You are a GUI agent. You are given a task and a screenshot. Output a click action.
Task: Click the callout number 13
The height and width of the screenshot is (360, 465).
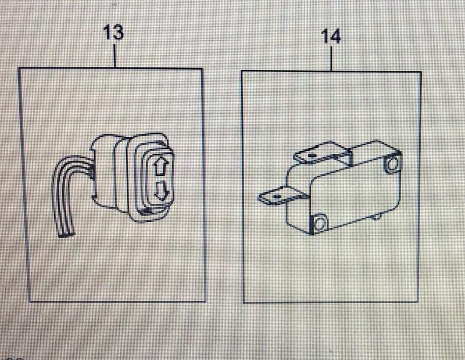point(113,33)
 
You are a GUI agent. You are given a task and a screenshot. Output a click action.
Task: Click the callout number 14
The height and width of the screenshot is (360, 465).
point(331,36)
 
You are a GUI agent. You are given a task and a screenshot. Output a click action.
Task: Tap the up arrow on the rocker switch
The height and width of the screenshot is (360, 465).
point(160,167)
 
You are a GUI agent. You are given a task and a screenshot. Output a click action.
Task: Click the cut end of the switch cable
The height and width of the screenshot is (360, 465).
point(66,234)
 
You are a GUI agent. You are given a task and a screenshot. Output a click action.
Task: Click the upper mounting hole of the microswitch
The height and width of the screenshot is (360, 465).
point(393,164)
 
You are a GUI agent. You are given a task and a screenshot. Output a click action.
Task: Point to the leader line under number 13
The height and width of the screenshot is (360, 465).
point(115,56)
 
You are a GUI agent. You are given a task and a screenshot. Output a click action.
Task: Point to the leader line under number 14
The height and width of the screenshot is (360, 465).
point(331,59)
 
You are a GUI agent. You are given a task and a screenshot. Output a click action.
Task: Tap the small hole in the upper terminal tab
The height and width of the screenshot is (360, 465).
point(311,154)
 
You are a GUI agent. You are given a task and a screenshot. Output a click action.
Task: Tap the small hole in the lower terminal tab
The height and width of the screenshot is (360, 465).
point(277,196)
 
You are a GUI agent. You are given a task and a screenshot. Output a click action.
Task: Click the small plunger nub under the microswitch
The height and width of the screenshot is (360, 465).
point(376,218)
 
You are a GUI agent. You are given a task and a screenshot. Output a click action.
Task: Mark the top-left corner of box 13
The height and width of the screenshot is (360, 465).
point(19,68)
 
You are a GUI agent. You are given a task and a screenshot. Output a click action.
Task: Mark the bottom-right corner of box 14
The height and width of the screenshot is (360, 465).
point(418,302)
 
